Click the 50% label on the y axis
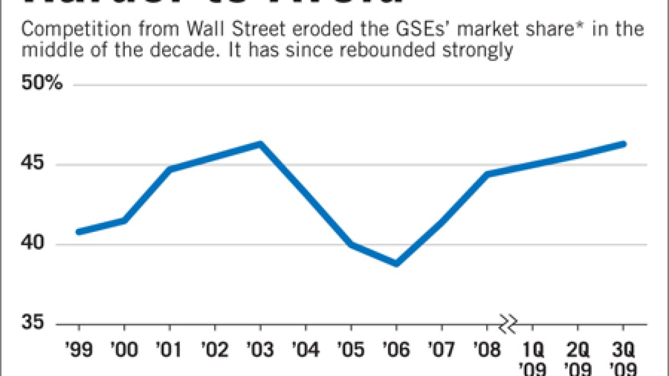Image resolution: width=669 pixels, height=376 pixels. (42, 84)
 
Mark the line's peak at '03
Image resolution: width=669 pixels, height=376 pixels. (260, 144)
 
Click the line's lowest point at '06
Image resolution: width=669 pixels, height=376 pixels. (396, 264)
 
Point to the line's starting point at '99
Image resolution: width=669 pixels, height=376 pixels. (79, 231)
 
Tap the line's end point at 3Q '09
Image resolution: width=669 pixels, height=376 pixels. (623, 144)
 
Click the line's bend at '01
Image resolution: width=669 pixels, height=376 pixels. (170, 169)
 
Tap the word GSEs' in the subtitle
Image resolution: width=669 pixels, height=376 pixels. (412, 29)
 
